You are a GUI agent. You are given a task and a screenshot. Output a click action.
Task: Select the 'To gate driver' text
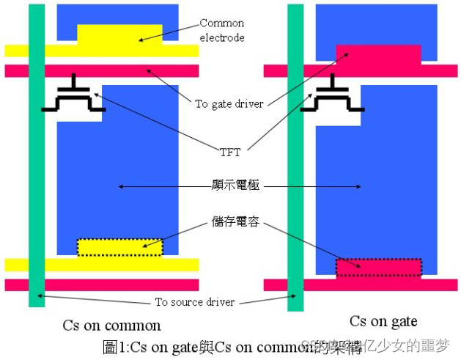(229, 103)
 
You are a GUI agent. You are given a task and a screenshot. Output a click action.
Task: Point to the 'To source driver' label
(194, 302)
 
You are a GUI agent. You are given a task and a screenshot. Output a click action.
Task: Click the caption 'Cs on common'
(111, 326)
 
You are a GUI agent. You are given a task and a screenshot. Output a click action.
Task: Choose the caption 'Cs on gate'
(383, 321)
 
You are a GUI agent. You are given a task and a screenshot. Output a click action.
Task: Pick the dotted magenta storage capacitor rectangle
(379, 267)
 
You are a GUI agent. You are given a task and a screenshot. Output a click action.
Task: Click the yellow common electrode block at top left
(119, 35)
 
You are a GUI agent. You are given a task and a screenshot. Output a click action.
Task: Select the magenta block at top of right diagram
(378, 55)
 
